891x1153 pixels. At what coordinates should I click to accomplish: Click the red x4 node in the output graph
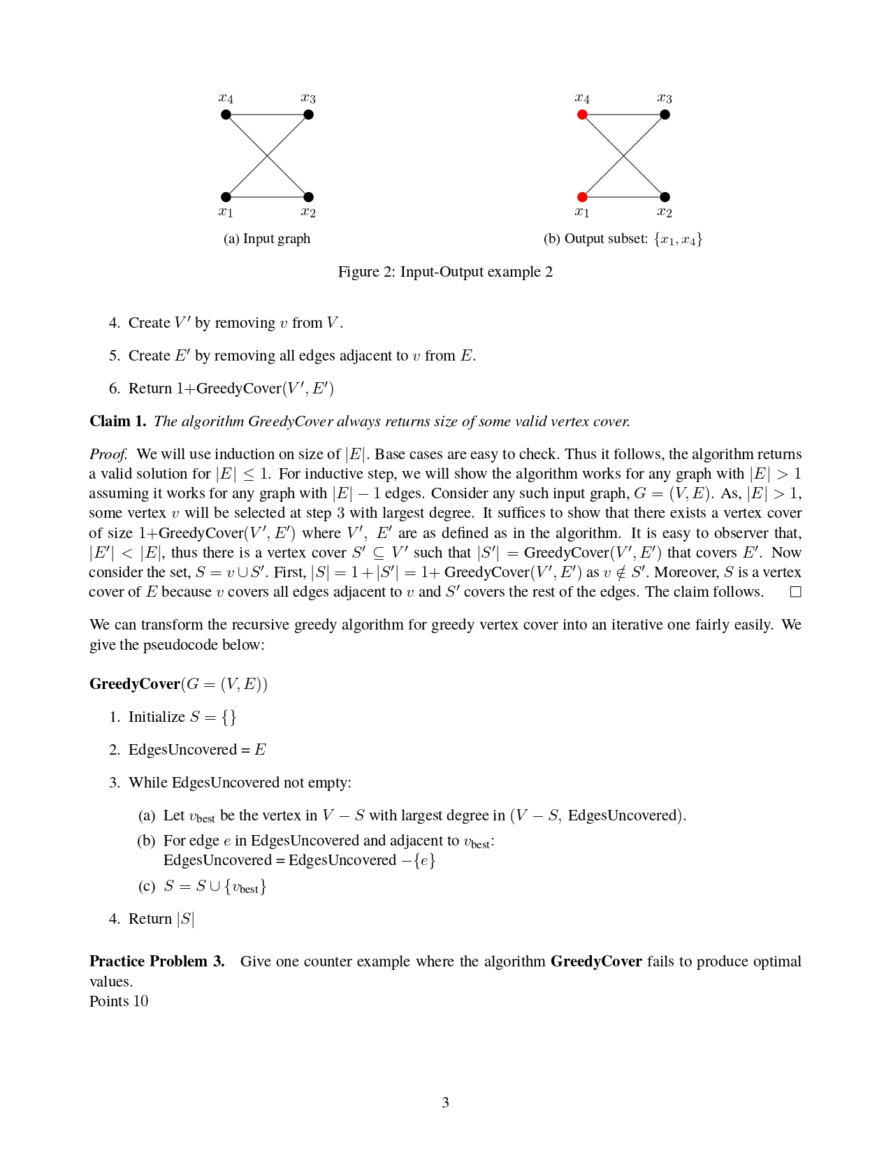pos(582,115)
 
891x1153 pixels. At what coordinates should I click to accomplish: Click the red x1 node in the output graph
pos(582,197)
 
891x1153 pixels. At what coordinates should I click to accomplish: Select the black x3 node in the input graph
pos(309,115)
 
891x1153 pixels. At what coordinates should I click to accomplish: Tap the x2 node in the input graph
pos(309,197)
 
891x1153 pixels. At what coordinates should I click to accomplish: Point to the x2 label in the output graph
pos(664,212)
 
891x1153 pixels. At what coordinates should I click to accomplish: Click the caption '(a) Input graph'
pos(267,239)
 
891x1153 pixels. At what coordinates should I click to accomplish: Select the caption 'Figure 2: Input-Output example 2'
pos(445,272)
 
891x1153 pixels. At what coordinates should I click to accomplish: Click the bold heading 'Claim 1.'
pos(117,421)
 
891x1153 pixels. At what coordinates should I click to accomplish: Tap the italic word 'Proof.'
pos(108,454)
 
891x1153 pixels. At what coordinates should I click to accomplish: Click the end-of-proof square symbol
pos(795,592)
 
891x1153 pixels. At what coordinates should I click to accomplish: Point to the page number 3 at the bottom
pos(445,1103)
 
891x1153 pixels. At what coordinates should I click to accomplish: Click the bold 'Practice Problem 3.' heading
pos(157,962)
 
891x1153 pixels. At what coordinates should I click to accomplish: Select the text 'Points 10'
pos(119,1001)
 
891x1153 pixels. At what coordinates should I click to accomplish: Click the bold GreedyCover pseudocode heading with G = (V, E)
pos(178,684)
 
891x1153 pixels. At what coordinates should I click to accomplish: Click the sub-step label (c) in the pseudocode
pos(146,887)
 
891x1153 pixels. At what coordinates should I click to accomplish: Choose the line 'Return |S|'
pos(161,919)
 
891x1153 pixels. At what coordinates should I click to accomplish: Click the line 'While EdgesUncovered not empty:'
pos(240,783)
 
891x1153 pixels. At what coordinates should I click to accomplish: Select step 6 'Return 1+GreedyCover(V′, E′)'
pos(231,389)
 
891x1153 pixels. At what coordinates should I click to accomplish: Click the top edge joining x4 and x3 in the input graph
pos(267,115)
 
